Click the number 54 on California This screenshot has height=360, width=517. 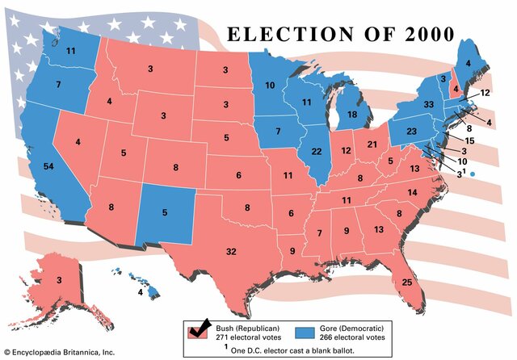pos(49,166)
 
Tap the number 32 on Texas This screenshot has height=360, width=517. pos(231,252)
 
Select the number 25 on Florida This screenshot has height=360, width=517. pos(406,282)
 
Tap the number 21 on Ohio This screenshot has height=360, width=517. pos(372,144)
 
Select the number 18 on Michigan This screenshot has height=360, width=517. pos(353,115)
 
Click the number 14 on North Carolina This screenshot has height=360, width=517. pos(411,192)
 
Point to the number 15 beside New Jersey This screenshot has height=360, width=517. pos(469,140)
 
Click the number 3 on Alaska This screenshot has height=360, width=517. pos(59,280)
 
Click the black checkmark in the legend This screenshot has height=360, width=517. pos(197,326)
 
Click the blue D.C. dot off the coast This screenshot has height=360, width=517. pos(473,174)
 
